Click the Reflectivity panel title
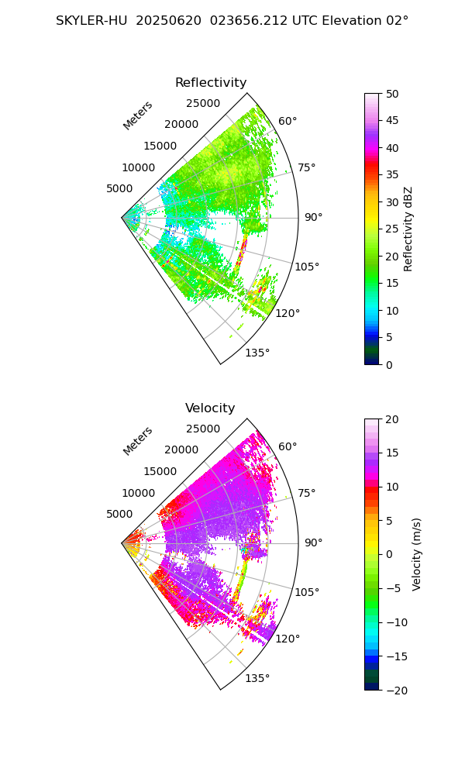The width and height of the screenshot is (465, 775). click(x=211, y=83)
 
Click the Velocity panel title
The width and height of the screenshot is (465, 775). click(x=210, y=408)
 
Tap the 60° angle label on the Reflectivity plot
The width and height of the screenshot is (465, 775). click(x=288, y=121)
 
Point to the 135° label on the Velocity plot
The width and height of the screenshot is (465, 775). click(x=257, y=678)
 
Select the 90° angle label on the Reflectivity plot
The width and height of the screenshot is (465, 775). click(x=313, y=217)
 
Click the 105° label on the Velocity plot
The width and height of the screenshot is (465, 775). click(x=307, y=592)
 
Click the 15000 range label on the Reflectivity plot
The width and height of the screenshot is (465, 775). click(x=160, y=146)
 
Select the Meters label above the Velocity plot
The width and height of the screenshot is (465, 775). click(x=138, y=441)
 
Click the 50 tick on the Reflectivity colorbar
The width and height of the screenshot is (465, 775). click(x=394, y=94)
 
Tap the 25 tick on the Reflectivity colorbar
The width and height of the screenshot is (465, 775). click(x=394, y=229)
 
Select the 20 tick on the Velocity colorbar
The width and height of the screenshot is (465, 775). click(x=394, y=419)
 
